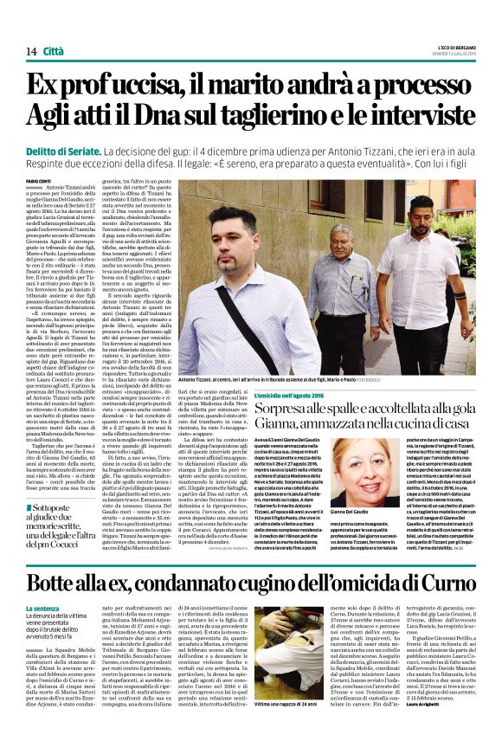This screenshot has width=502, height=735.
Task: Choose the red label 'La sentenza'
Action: coord(67,609)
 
